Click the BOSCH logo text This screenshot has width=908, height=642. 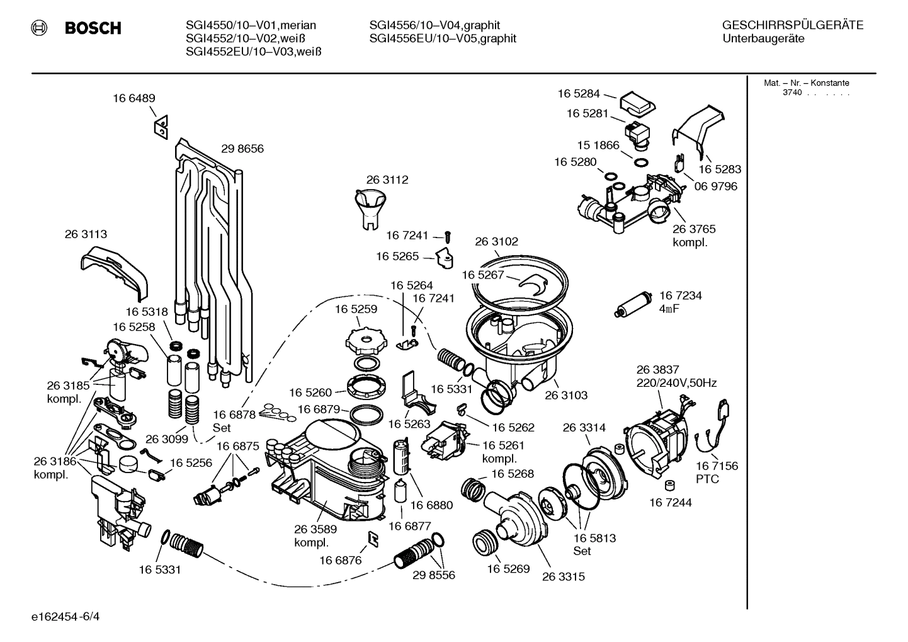pos(93,28)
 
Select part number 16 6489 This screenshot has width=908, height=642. pos(134,98)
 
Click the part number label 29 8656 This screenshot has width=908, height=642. pos(242,149)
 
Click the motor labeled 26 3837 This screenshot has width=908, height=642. pos(654,434)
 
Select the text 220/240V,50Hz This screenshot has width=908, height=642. pos(676,382)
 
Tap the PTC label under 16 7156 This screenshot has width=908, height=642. pos(708,479)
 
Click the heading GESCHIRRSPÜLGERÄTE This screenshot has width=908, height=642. pos(792,25)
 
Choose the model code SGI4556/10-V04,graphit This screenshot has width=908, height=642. pos(434,25)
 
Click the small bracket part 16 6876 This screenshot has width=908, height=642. pos(373,537)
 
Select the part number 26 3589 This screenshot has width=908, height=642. pos(315,529)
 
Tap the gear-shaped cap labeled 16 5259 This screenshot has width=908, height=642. pos(364,343)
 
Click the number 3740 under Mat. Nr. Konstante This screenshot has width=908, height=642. pos(792,93)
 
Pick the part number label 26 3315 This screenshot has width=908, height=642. pos(563,576)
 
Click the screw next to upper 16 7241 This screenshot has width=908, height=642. pos(447,236)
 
